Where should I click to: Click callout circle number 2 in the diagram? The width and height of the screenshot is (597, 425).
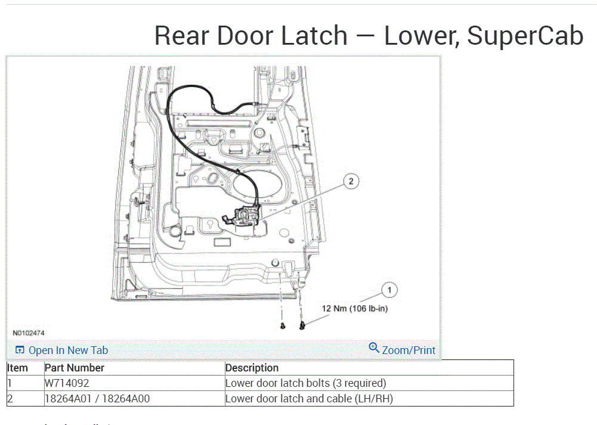pos(351,182)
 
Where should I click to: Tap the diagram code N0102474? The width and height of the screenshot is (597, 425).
pos(29,333)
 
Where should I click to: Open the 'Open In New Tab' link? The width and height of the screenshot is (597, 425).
pos(68,350)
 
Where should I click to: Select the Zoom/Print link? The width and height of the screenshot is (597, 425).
pos(409,350)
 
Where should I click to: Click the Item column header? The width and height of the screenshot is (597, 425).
pos(17,368)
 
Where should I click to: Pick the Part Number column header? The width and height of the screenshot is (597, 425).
pos(75,368)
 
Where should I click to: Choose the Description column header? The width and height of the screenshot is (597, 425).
pos(252,368)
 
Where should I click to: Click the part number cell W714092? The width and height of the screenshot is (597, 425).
pos(67,383)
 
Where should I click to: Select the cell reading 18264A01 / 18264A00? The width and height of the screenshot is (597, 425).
pos(97,399)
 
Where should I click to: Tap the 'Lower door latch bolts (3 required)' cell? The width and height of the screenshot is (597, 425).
pos(305,383)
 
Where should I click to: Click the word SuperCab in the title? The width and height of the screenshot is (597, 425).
pos(525,36)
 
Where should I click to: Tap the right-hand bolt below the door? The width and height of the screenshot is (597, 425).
pos(303,325)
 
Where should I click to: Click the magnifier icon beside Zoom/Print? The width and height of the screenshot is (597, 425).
pos(374,348)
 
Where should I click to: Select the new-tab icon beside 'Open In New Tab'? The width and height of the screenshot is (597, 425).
pos(20,350)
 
